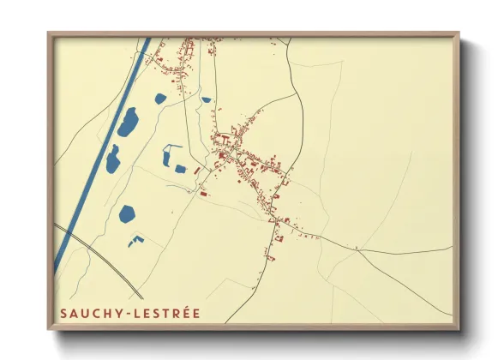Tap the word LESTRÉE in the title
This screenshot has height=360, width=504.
[x=169, y=314]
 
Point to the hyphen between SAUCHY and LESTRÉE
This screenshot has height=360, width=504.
[x=132, y=314]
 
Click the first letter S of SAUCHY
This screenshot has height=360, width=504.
[x=63, y=314]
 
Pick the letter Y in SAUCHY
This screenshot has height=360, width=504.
[x=123, y=314]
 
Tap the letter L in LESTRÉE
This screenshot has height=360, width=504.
[x=141, y=314]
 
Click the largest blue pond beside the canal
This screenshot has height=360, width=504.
[x=128, y=123]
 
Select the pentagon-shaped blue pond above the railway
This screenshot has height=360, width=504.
[x=129, y=213]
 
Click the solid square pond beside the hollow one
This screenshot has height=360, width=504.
[x=181, y=168]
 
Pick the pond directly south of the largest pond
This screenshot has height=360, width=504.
[x=113, y=159]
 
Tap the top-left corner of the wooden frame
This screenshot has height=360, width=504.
[x=49, y=34]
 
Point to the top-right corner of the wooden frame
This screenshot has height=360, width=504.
[x=458, y=34]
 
